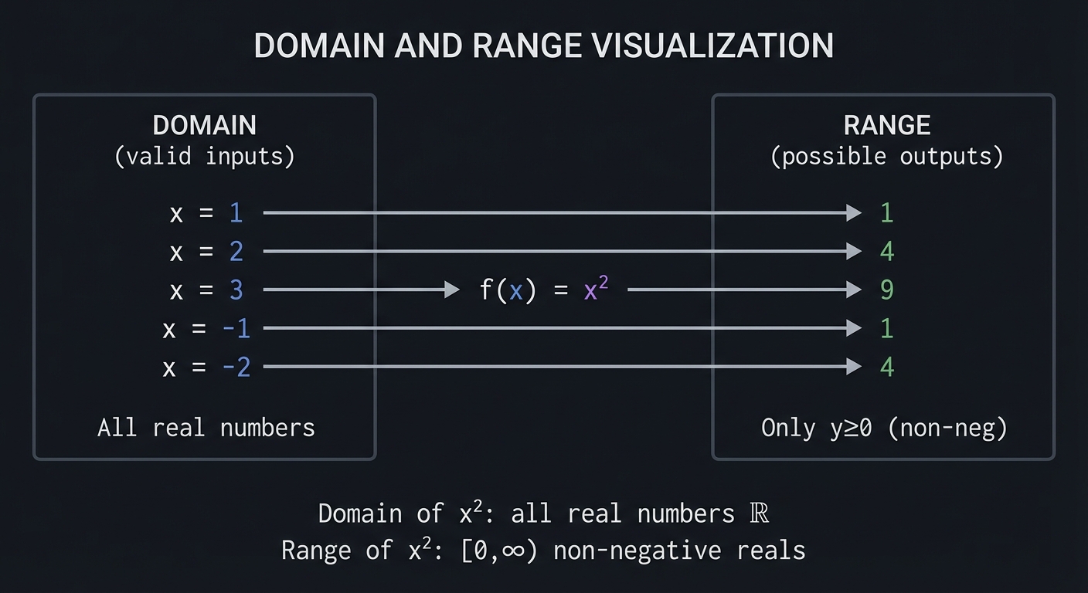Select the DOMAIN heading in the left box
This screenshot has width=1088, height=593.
pyautogui.click(x=204, y=125)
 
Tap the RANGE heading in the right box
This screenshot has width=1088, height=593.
pyautogui.click(x=886, y=125)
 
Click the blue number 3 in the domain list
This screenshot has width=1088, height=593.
pyautogui.click(x=236, y=290)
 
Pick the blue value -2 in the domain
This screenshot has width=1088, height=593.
pyautogui.click(x=236, y=368)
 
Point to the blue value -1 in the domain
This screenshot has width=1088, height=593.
pyautogui.click(x=236, y=329)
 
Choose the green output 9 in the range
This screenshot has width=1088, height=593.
pyautogui.click(x=886, y=290)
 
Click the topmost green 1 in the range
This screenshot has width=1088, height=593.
pyautogui.click(x=886, y=213)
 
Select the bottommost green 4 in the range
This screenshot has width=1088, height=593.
pyautogui.click(x=886, y=368)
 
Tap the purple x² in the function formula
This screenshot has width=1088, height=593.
pyautogui.click(x=595, y=290)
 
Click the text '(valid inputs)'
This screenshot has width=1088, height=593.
pyautogui.click(x=204, y=157)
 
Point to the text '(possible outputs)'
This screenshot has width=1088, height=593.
pyautogui.click(x=886, y=157)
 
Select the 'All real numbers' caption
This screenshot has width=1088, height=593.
pyautogui.click(x=206, y=427)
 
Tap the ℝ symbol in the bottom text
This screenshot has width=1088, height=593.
pyautogui.click(x=760, y=513)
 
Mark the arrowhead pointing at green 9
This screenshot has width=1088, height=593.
pyautogui.click(x=854, y=290)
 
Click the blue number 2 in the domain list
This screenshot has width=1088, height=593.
pyautogui.click(x=236, y=252)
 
